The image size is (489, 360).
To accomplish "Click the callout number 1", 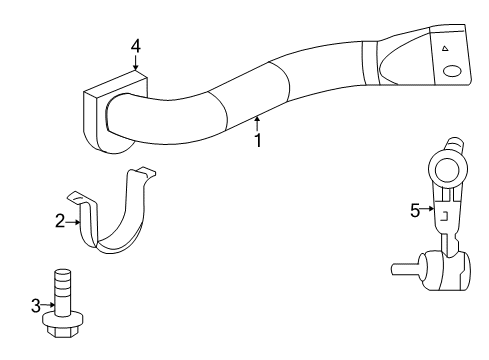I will (257, 140).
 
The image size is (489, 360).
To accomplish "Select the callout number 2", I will (60, 221).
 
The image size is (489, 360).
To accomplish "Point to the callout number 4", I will (136, 45).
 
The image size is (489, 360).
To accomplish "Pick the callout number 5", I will (416, 210).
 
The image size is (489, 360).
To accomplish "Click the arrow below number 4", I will (136, 62).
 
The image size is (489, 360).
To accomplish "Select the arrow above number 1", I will (257, 123).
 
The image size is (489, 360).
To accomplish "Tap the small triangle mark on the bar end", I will (441, 47).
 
